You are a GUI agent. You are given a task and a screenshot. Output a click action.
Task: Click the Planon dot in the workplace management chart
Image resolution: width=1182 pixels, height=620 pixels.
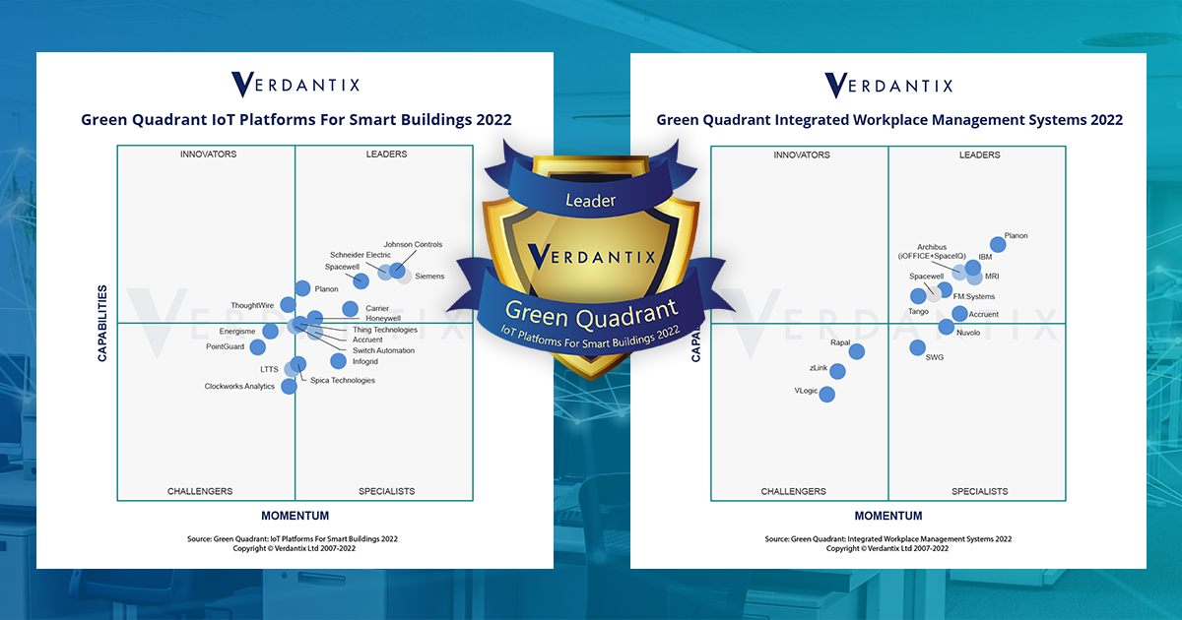[997, 245]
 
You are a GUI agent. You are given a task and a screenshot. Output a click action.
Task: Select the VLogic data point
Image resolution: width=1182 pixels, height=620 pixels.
[826, 395]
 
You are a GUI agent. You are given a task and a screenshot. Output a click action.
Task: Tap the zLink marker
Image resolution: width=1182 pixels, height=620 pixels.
[837, 371]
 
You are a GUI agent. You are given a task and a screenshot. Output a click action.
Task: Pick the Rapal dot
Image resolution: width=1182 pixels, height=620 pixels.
[856, 351]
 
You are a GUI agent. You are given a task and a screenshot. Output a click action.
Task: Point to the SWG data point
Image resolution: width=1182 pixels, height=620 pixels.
[917, 347]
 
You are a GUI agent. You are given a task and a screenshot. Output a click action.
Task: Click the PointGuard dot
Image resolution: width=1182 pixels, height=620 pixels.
[257, 347]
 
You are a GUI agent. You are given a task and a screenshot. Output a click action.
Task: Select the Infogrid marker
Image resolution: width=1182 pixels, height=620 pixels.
[338, 361]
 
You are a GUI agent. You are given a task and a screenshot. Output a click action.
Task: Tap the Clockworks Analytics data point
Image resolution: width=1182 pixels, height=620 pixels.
[289, 387]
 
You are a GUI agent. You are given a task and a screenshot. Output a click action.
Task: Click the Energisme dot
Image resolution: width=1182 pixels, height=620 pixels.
[270, 331]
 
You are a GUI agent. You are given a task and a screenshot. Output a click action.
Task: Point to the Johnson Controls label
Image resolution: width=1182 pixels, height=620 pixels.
[413, 245]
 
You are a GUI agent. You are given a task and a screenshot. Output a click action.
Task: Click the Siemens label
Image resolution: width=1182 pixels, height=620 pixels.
[429, 277]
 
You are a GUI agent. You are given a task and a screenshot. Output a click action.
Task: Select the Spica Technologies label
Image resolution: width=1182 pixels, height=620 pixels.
[343, 381]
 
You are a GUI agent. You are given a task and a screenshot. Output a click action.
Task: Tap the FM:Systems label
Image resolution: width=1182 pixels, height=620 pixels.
[974, 296]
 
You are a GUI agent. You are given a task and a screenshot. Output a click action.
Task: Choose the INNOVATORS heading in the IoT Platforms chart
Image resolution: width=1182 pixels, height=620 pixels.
[208, 155]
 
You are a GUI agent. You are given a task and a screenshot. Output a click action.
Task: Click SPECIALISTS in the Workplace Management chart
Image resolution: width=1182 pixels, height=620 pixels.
[979, 491]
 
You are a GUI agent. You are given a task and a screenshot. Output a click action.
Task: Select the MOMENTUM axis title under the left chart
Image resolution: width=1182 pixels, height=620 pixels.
[295, 516]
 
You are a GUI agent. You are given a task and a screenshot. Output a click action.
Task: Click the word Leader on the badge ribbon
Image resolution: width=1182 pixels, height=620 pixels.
[590, 201]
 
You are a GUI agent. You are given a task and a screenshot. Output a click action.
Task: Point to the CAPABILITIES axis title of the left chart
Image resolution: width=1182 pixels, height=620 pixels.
[102, 324]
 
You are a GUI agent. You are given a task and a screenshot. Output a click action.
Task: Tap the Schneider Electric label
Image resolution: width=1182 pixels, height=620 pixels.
[361, 255]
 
